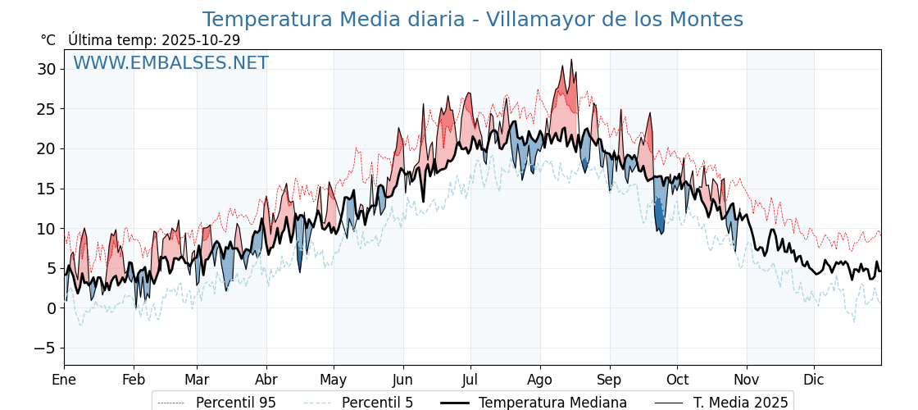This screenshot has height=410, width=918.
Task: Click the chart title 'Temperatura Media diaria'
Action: click(472, 20)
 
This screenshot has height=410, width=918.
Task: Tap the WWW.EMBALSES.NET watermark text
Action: click(170, 63)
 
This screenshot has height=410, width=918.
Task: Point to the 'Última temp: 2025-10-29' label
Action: click(154, 40)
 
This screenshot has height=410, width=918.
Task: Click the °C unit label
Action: click(48, 40)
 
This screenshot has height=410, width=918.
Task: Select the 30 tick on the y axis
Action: click(46, 69)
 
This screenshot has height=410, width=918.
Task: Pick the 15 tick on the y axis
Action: click(46, 189)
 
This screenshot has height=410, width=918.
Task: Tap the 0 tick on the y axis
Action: click(51, 308)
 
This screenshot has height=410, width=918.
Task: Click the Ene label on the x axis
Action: click(64, 380)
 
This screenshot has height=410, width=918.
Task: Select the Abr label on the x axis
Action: click(266, 380)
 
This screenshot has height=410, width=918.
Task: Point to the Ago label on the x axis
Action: click(539, 380)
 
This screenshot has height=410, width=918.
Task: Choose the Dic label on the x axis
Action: click(814, 380)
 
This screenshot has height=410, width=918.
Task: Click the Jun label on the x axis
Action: click(402, 380)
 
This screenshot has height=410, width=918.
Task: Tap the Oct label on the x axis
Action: click(677, 380)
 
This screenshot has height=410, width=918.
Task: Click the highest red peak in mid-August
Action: click(571, 61)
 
